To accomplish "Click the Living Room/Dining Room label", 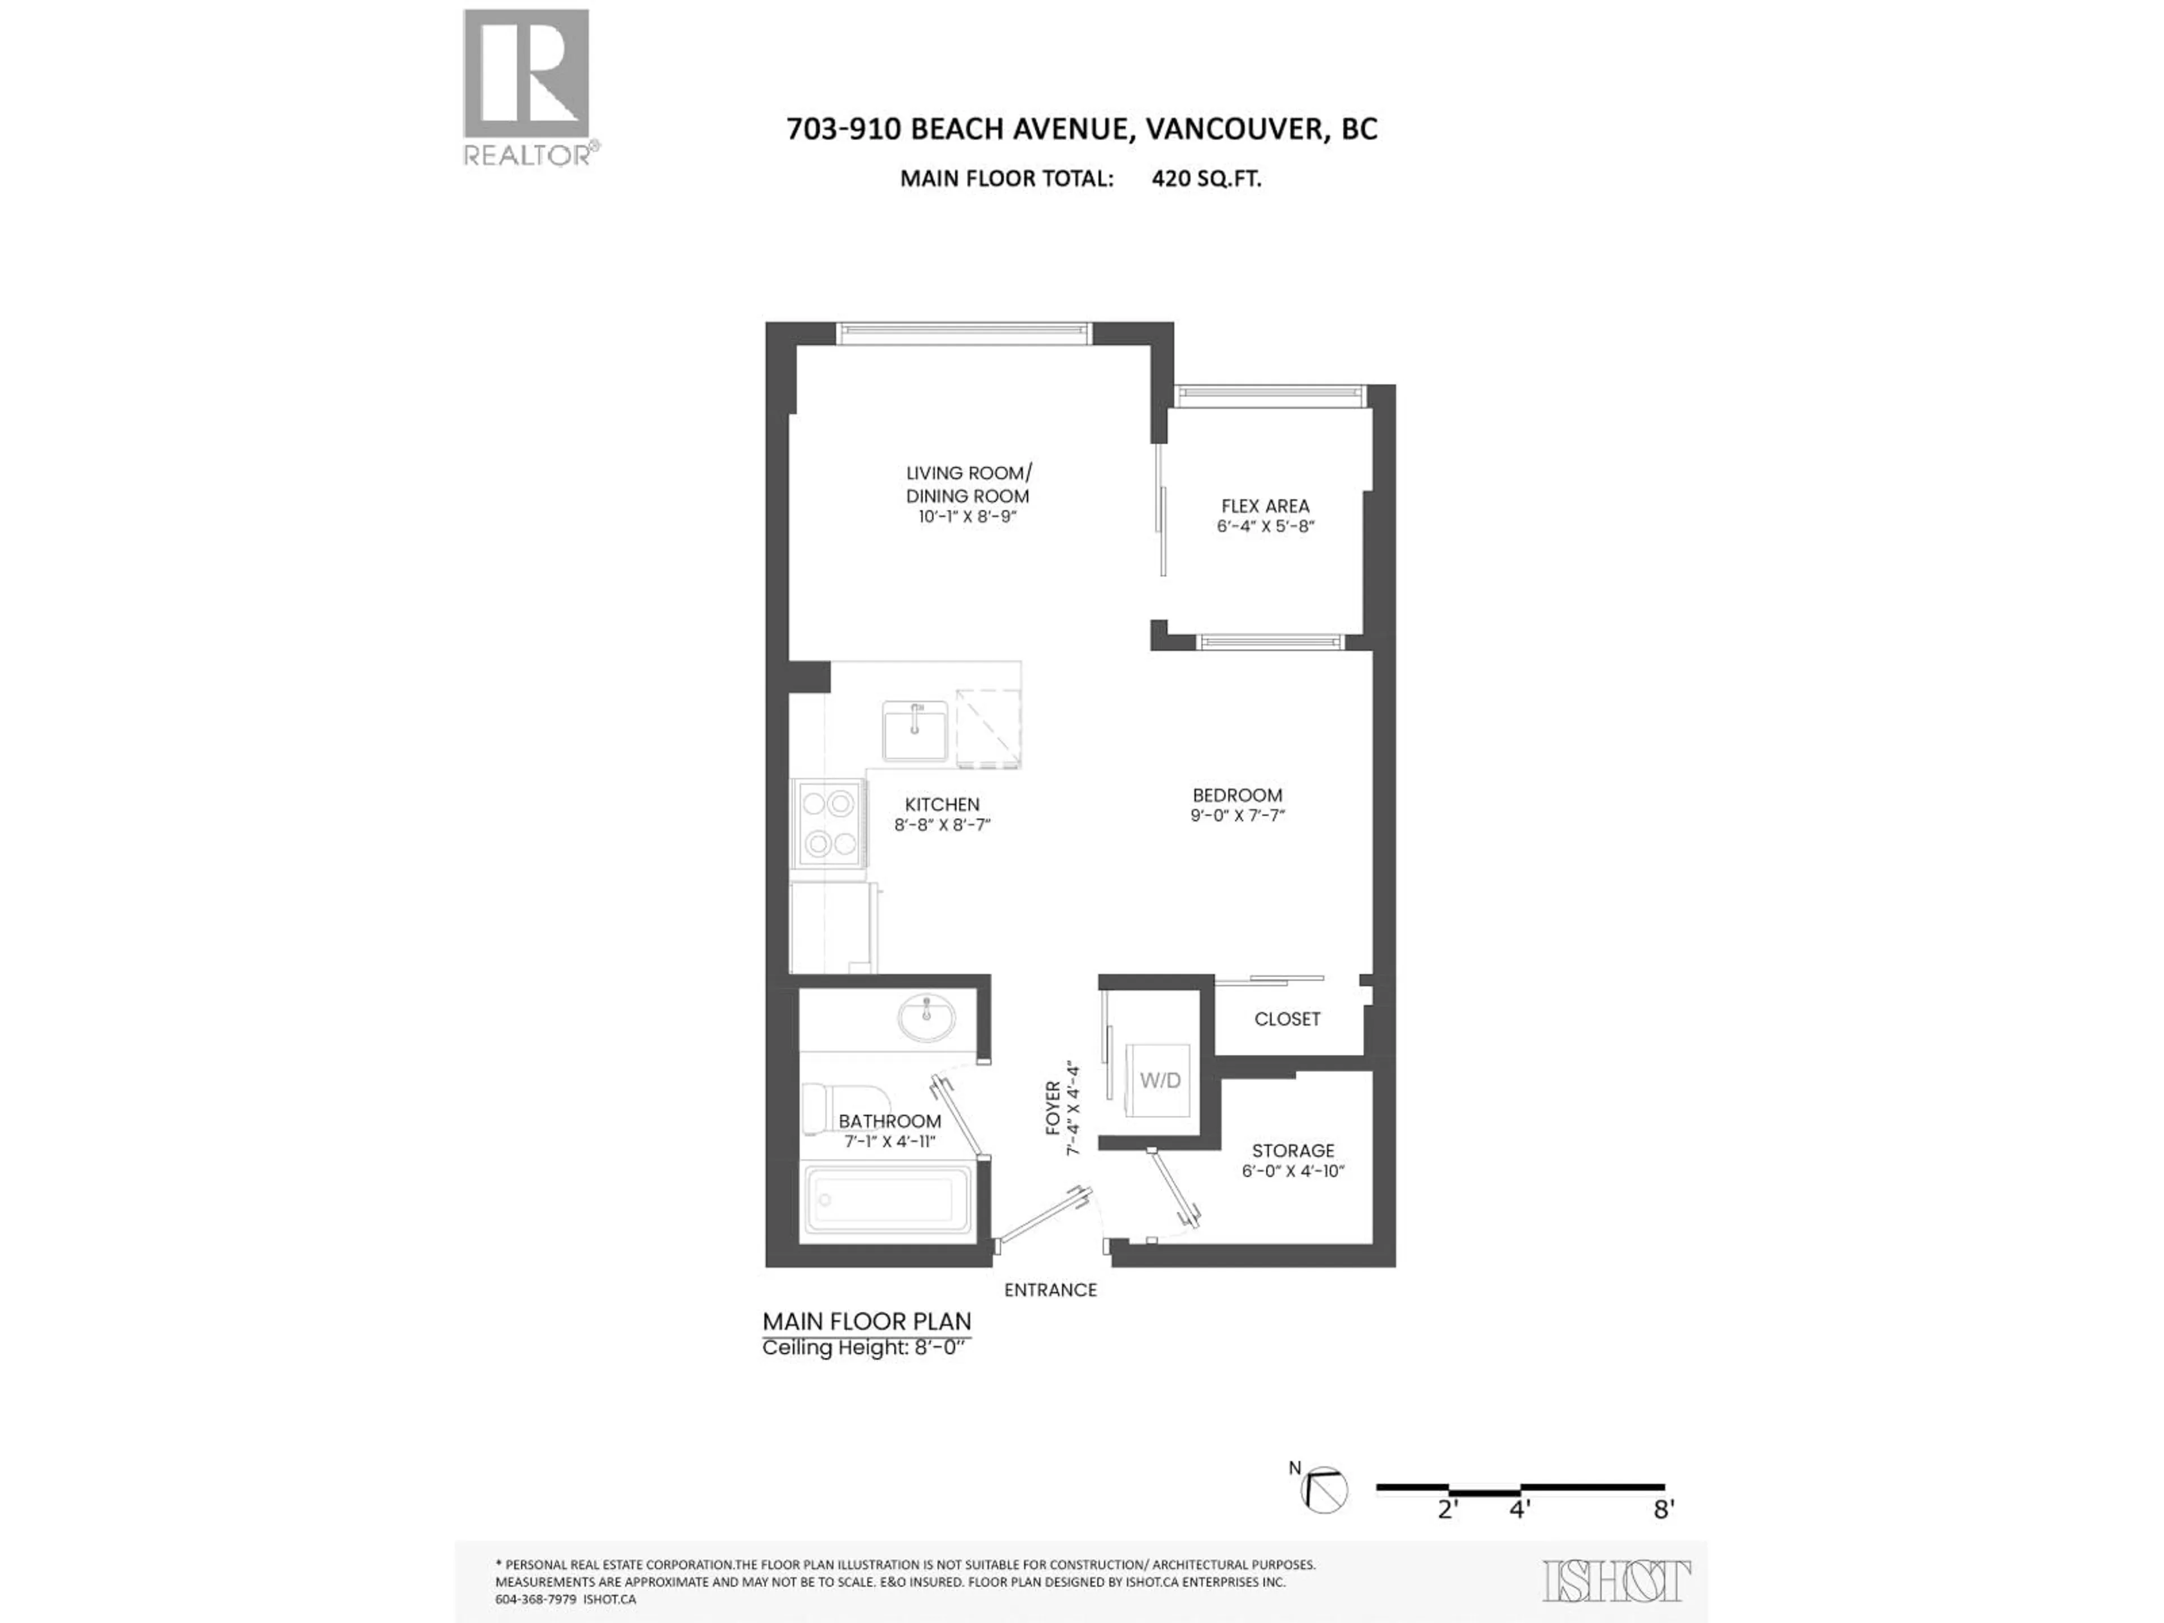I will [x=968, y=484].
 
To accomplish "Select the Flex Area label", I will [x=1265, y=506].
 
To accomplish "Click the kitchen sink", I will [x=915, y=730].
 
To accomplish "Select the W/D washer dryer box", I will [x=1160, y=1080].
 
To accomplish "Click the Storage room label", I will [x=1292, y=1151].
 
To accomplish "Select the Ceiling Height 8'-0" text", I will [x=864, y=1348].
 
